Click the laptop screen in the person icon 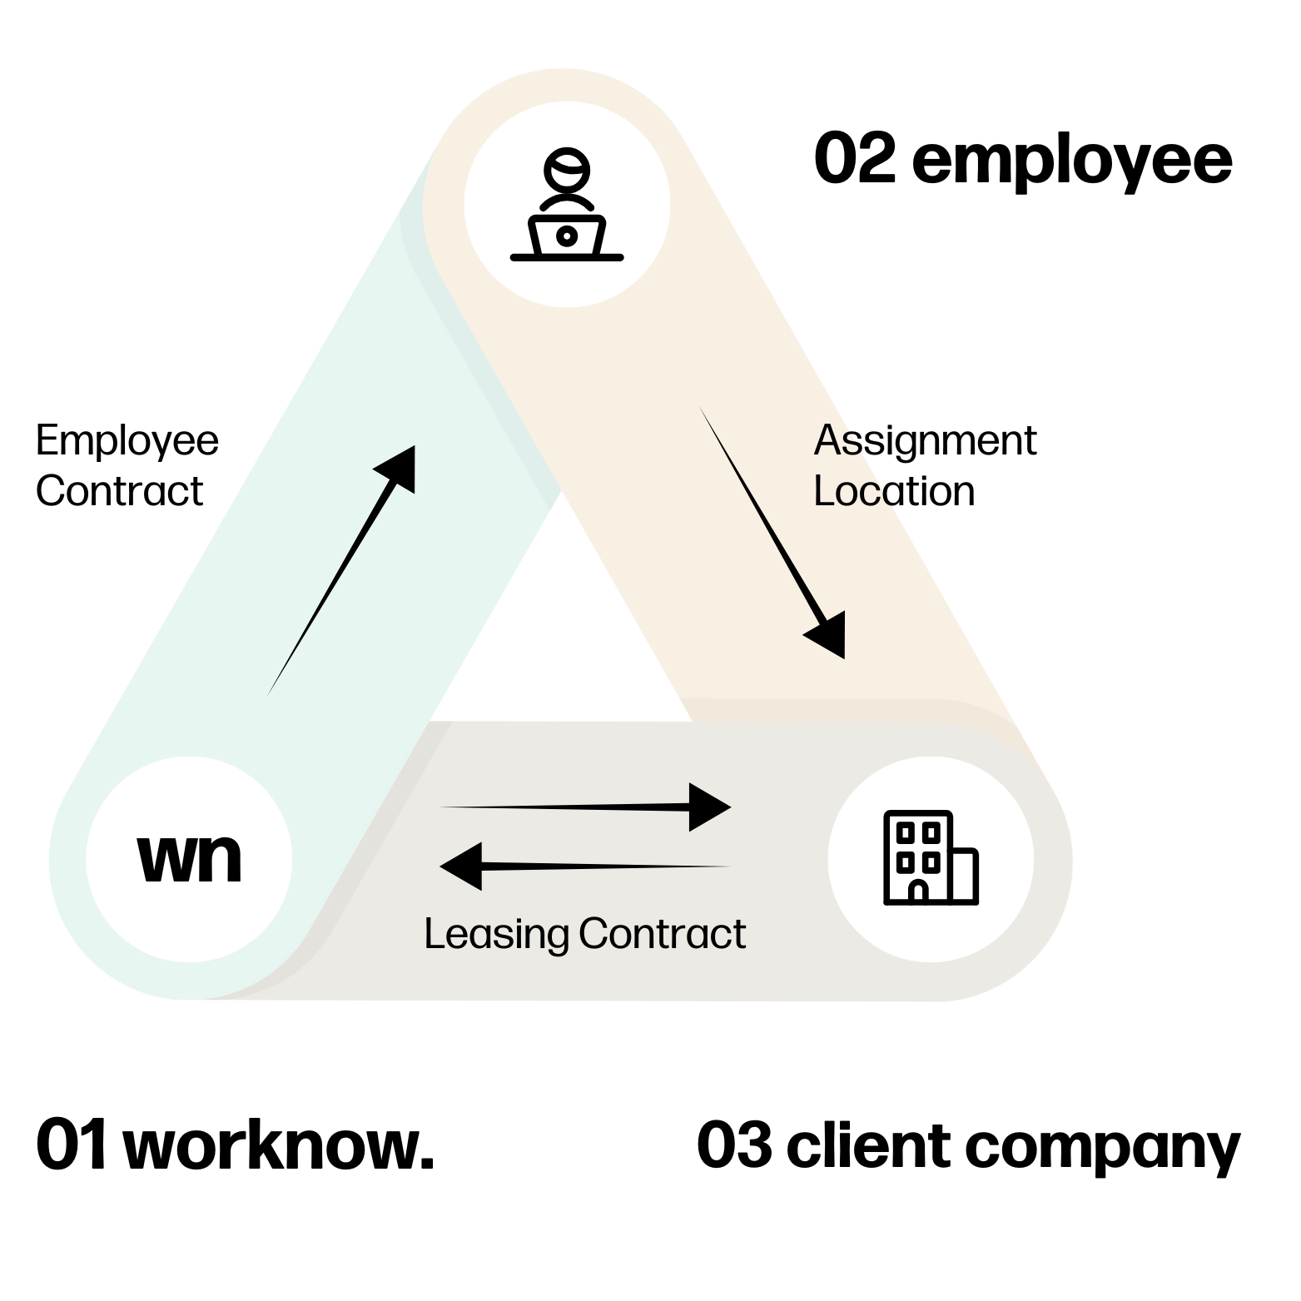pos(567,236)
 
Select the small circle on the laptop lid pos(567,236)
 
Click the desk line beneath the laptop pos(567,257)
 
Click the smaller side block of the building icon pos(963,875)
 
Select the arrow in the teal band pos(341,570)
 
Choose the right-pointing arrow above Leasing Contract pos(583,807)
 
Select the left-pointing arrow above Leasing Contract pos(583,867)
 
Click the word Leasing pos(496,934)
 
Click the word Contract pos(663,934)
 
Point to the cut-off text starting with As pos(837,440)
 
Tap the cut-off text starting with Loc pos(852,491)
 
